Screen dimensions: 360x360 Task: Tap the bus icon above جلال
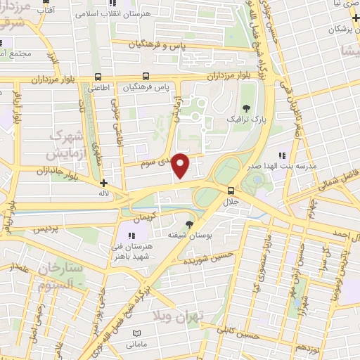231,190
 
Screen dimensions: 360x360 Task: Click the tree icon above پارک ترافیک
247,108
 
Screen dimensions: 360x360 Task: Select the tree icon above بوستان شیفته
188,224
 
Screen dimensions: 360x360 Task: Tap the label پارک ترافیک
247,121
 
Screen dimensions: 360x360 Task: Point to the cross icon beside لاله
104,183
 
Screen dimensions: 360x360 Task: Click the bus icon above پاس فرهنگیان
146,76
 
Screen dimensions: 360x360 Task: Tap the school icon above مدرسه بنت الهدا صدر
282,156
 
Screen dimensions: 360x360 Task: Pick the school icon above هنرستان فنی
131,236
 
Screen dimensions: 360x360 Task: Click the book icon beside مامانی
136,332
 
